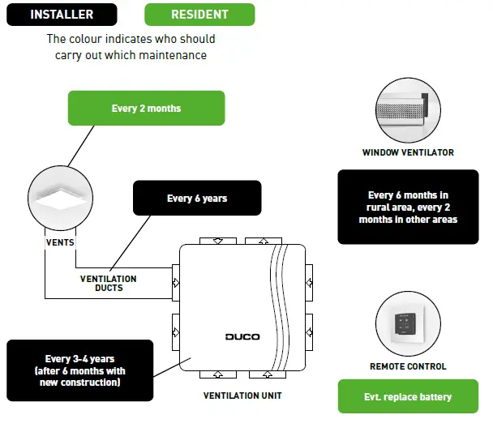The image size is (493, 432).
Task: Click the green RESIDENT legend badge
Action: pyautogui.click(x=199, y=15)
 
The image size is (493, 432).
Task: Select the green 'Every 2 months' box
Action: pyautogui.click(x=146, y=109)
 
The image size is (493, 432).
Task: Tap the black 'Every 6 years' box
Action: pyautogui.click(x=197, y=199)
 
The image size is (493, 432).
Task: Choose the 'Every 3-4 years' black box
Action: pyautogui.click(x=79, y=370)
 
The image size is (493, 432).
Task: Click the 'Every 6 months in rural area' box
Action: pyautogui.click(x=408, y=207)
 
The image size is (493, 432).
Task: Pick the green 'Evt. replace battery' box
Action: pyautogui.click(x=408, y=397)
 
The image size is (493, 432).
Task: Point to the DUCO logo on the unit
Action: pyautogui.click(x=242, y=336)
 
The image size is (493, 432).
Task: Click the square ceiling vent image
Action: pyautogui.click(x=62, y=199)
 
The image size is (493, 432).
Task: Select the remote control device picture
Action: pyautogui.click(x=408, y=325)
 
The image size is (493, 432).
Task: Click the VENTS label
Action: pyautogui.click(x=61, y=242)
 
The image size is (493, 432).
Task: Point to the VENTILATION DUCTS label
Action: pyautogui.click(x=108, y=284)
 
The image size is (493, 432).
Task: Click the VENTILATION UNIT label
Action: pyautogui.click(x=242, y=396)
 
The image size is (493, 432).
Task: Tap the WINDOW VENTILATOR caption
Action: pyautogui.click(x=408, y=152)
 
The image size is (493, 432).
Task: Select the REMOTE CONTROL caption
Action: pyautogui.click(x=408, y=366)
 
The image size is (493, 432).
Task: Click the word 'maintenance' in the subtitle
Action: pyautogui.click(x=179, y=55)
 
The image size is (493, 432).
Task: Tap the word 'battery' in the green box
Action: pyautogui.click(x=432, y=397)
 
